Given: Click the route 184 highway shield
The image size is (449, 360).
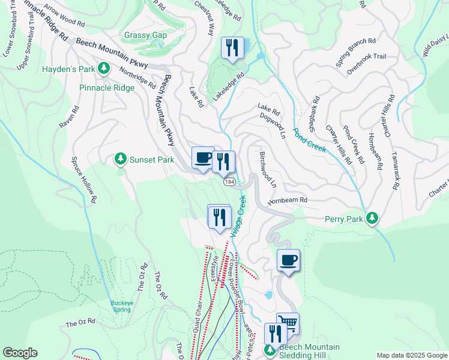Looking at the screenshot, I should tap(229, 181).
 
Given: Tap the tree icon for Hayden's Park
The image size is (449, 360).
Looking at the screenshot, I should tap(104, 68).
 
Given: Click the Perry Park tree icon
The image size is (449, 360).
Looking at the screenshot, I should tap(373, 219).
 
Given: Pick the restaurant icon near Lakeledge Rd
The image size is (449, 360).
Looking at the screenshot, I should tap(232, 47).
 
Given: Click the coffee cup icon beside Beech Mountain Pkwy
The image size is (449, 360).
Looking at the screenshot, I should tap(202, 158).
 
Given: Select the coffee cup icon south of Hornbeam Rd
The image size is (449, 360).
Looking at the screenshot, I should tap(288, 260).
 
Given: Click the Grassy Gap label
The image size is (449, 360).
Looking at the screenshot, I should tap(145, 35).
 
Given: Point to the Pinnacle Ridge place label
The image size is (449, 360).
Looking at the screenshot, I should tap(107, 88).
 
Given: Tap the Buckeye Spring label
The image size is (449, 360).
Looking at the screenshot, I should tap(121, 306).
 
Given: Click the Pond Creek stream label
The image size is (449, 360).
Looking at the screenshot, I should tap(309, 139).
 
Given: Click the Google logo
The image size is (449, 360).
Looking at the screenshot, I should tap(20, 353).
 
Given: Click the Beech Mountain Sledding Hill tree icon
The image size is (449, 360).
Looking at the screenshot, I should tap(271, 349).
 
